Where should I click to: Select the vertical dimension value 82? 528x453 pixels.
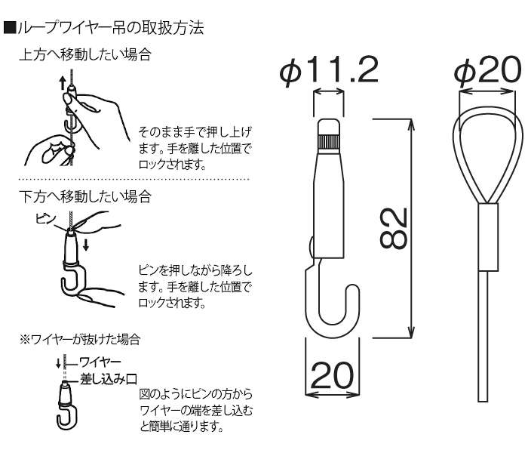[x=392, y=227]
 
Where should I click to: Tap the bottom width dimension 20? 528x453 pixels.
[x=332, y=374]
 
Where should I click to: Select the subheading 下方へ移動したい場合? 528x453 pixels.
[x=84, y=197]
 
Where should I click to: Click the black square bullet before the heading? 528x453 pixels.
[x=9, y=30]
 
